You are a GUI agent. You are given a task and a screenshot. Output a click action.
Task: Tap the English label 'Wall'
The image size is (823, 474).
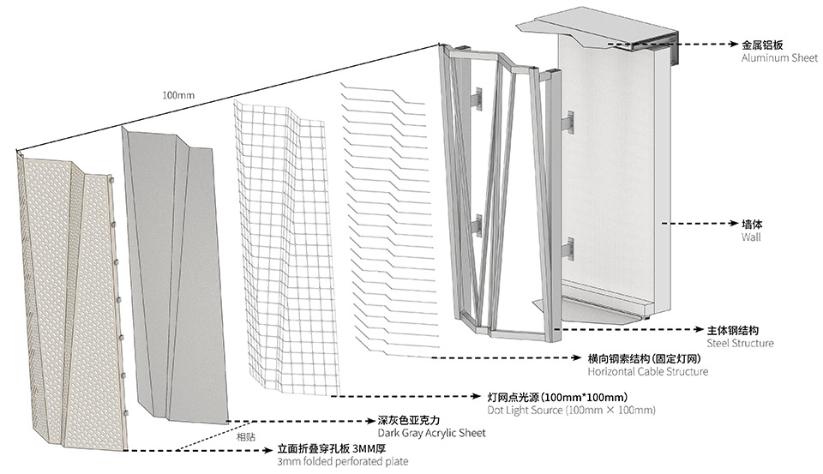pos(750,237)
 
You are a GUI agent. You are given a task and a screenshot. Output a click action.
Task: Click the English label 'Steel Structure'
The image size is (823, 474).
pos(740,343)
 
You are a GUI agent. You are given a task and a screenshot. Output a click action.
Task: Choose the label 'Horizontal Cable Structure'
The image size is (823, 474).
pos(647,372)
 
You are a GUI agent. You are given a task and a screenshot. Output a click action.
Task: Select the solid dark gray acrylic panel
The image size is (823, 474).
pos(176,274)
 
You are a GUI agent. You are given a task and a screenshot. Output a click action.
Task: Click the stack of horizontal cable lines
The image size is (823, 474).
pos(381,214)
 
